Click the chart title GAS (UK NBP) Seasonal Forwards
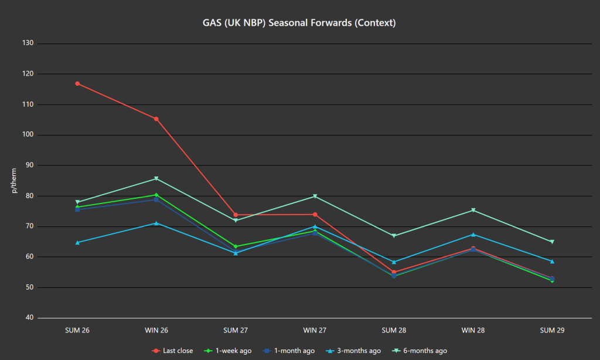299,23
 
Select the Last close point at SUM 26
77,83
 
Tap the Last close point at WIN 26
156,119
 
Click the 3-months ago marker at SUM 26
77,242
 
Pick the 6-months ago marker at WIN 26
156,178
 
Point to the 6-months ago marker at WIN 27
315,196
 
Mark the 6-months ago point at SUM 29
552,242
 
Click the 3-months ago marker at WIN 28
473,235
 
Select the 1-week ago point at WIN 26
156,195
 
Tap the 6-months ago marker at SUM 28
394,236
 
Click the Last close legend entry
172,351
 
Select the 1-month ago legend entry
289,351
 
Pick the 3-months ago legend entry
354,351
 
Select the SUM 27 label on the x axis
236,330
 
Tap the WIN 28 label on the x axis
473,330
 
